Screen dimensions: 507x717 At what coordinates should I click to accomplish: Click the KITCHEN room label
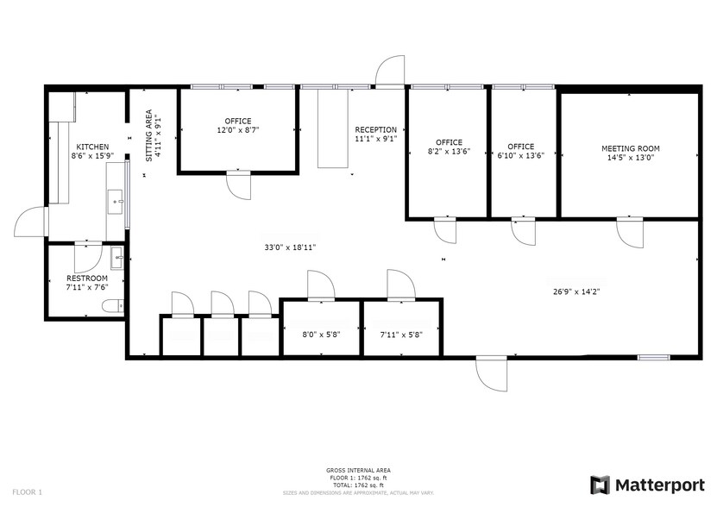(x=92, y=147)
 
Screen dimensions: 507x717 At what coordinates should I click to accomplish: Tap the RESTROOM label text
(x=87, y=279)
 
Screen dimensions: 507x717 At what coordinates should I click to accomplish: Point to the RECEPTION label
(x=375, y=130)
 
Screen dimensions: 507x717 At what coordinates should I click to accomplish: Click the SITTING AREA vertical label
(x=149, y=135)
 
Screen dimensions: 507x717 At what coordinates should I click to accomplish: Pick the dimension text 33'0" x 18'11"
(x=290, y=247)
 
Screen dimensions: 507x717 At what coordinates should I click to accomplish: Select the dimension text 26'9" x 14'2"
(x=576, y=291)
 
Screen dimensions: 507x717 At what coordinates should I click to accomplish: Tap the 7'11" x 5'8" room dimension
(x=401, y=335)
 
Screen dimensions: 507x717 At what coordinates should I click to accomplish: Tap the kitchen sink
(x=116, y=203)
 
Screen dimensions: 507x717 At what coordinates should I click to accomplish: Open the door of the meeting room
(x=629, y=232)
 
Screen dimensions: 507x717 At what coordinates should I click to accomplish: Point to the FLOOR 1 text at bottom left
(x=26, y=492)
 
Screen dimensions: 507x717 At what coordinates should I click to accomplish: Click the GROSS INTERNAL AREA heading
(x=358, y=471)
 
